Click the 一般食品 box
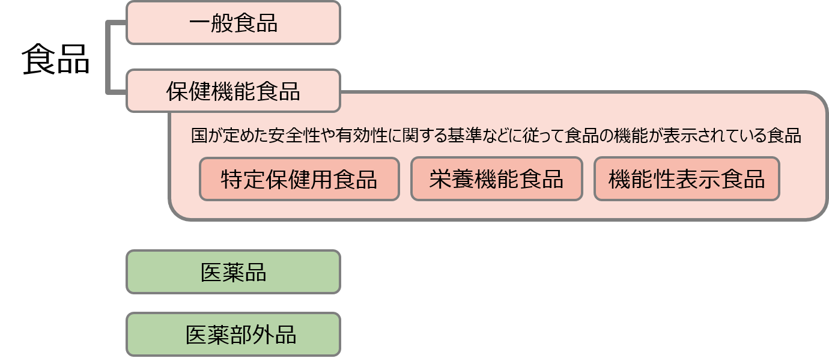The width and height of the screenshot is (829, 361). (233, 23)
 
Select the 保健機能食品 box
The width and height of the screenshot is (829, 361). (233, 91)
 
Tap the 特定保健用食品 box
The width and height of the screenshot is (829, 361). (299, 179)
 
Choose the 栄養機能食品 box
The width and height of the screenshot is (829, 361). (496, 179)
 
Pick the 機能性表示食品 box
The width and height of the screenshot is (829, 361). (686, 179)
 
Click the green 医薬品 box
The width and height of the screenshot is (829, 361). (233, 272)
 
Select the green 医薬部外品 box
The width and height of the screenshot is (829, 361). (233, 334)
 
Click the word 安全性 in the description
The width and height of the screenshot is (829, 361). (292, 136)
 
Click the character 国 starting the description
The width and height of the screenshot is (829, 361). (199, 136)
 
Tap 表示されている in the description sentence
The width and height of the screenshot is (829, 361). (715, 136)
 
